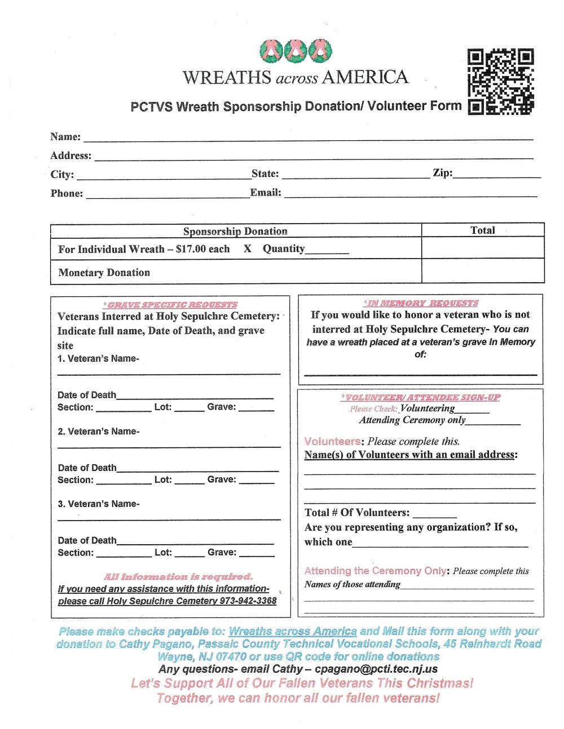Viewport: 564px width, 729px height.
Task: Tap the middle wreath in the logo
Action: click(296, 51)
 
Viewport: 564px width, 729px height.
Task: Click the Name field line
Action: click(307, 137)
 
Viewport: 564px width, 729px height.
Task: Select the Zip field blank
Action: click(496, 176)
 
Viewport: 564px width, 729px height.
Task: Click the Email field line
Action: click(411, 194)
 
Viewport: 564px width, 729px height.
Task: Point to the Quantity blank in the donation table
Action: click(327, 252)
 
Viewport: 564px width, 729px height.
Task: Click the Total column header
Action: click(482, 230)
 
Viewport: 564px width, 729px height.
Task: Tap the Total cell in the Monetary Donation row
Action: click(482, 271)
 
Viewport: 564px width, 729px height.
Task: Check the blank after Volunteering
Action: click(472, 411)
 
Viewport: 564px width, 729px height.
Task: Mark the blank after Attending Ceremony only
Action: click(493, 423)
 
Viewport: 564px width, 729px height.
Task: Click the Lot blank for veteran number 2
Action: click(190, 482)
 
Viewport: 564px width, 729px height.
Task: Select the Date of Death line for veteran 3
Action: click(195, 543)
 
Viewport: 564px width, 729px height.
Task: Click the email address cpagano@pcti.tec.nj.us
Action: click(376, 669)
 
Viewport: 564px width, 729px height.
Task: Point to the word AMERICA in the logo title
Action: click(365, 77)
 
